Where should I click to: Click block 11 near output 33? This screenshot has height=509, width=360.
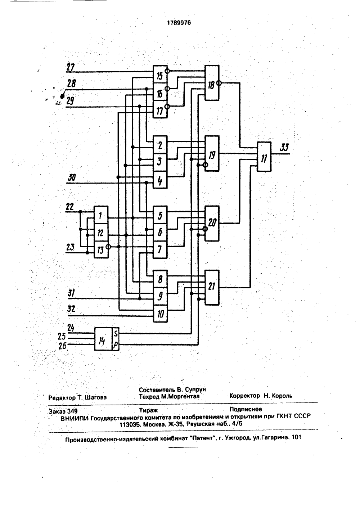point(264,157)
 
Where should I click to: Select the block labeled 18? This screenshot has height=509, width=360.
point(212,83)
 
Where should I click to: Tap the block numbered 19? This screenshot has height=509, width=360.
point(212,153)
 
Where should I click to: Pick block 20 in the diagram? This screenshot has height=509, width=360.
point(212,224)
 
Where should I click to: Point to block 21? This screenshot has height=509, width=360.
point(212,288)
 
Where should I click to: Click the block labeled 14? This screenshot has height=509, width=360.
point(103,339)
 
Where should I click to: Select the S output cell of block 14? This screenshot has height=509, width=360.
point(116,333)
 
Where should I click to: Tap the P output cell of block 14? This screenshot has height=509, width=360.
point(116,345)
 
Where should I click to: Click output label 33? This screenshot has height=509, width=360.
point(284,148)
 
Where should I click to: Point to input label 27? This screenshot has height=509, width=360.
point(71,67)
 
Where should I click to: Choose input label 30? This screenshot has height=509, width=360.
point(72,177)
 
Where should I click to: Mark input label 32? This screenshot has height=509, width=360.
point(71,309)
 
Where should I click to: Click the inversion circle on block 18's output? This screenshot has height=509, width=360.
point(219,83)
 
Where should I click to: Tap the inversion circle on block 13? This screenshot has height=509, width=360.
point(108,247)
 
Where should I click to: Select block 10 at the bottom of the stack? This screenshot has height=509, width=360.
point(160,314)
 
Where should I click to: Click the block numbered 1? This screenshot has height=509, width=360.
point(101,215)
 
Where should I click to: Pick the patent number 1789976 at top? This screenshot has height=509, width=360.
point(179,23)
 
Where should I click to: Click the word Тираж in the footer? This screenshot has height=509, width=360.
point(148,410)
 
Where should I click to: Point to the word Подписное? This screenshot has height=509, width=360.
point(246,409)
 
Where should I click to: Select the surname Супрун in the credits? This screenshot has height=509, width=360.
point(195,389)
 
